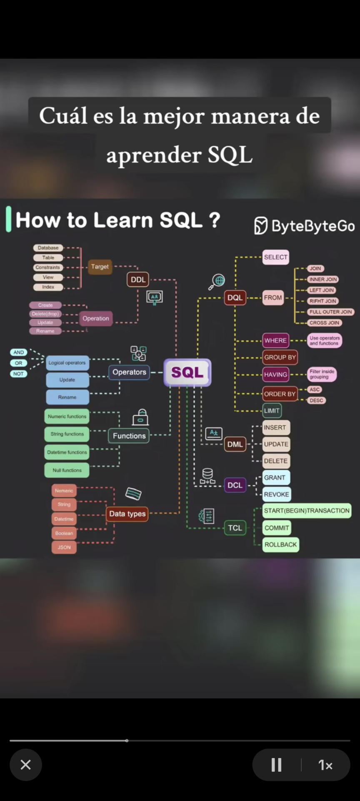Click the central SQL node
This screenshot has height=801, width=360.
click(x=187, y=372)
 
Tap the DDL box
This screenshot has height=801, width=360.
click(x=138, y=279)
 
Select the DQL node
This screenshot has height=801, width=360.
click(x=235, y=297)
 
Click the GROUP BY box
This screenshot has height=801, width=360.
click(x=280, y=357)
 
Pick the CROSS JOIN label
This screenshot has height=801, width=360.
click(x=324, y=323)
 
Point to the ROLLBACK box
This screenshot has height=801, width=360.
click(x=280, y=544)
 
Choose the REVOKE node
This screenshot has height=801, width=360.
click(x=276, y=494)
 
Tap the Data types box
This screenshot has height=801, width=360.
click(x=127, y=514)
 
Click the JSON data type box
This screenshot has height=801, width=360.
click(x=64, y=547)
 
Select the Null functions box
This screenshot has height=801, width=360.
click(x=67, y=470)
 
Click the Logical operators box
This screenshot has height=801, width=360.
click(x=67, y=363)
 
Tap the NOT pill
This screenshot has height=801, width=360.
click(x=18, y=374)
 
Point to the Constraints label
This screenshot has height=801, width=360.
click(x=48, y=267)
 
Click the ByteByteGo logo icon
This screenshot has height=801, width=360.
click(x=261, y=225)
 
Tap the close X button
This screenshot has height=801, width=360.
click(x=26, y=765)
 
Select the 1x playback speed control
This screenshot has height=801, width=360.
click(x=325, y=765)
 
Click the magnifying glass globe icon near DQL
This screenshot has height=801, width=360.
click(x=217, y=282)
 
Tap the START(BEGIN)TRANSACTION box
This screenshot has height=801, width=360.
click(x=307, y=511)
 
